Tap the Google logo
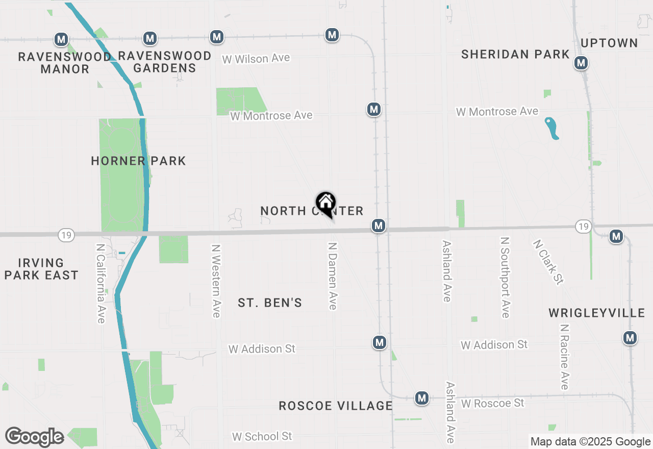click(x=34, y=437)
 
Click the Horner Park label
click(x=138, y=161)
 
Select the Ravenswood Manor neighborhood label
click(x=64, y=63)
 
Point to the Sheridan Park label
click(x=515, y=54)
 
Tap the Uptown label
click(x=609, y=43)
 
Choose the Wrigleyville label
click(x=597, y=313)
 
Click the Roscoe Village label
click(x=336, y=406)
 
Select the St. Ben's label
click(x=270, y=303)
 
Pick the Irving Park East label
click(x=41, y=269)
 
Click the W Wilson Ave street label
click(x=256, y=59)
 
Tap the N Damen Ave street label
click(x=333, y=276)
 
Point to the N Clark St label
click(x=548, y=262)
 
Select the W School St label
click(x=262, y=437)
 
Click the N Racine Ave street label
click(x=564, y=357)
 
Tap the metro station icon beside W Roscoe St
click(x=421, y=398)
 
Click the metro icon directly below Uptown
click(x=581, y=63)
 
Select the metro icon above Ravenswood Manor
click(x=61, y=39)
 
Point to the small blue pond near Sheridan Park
click(x=551, y=128)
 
